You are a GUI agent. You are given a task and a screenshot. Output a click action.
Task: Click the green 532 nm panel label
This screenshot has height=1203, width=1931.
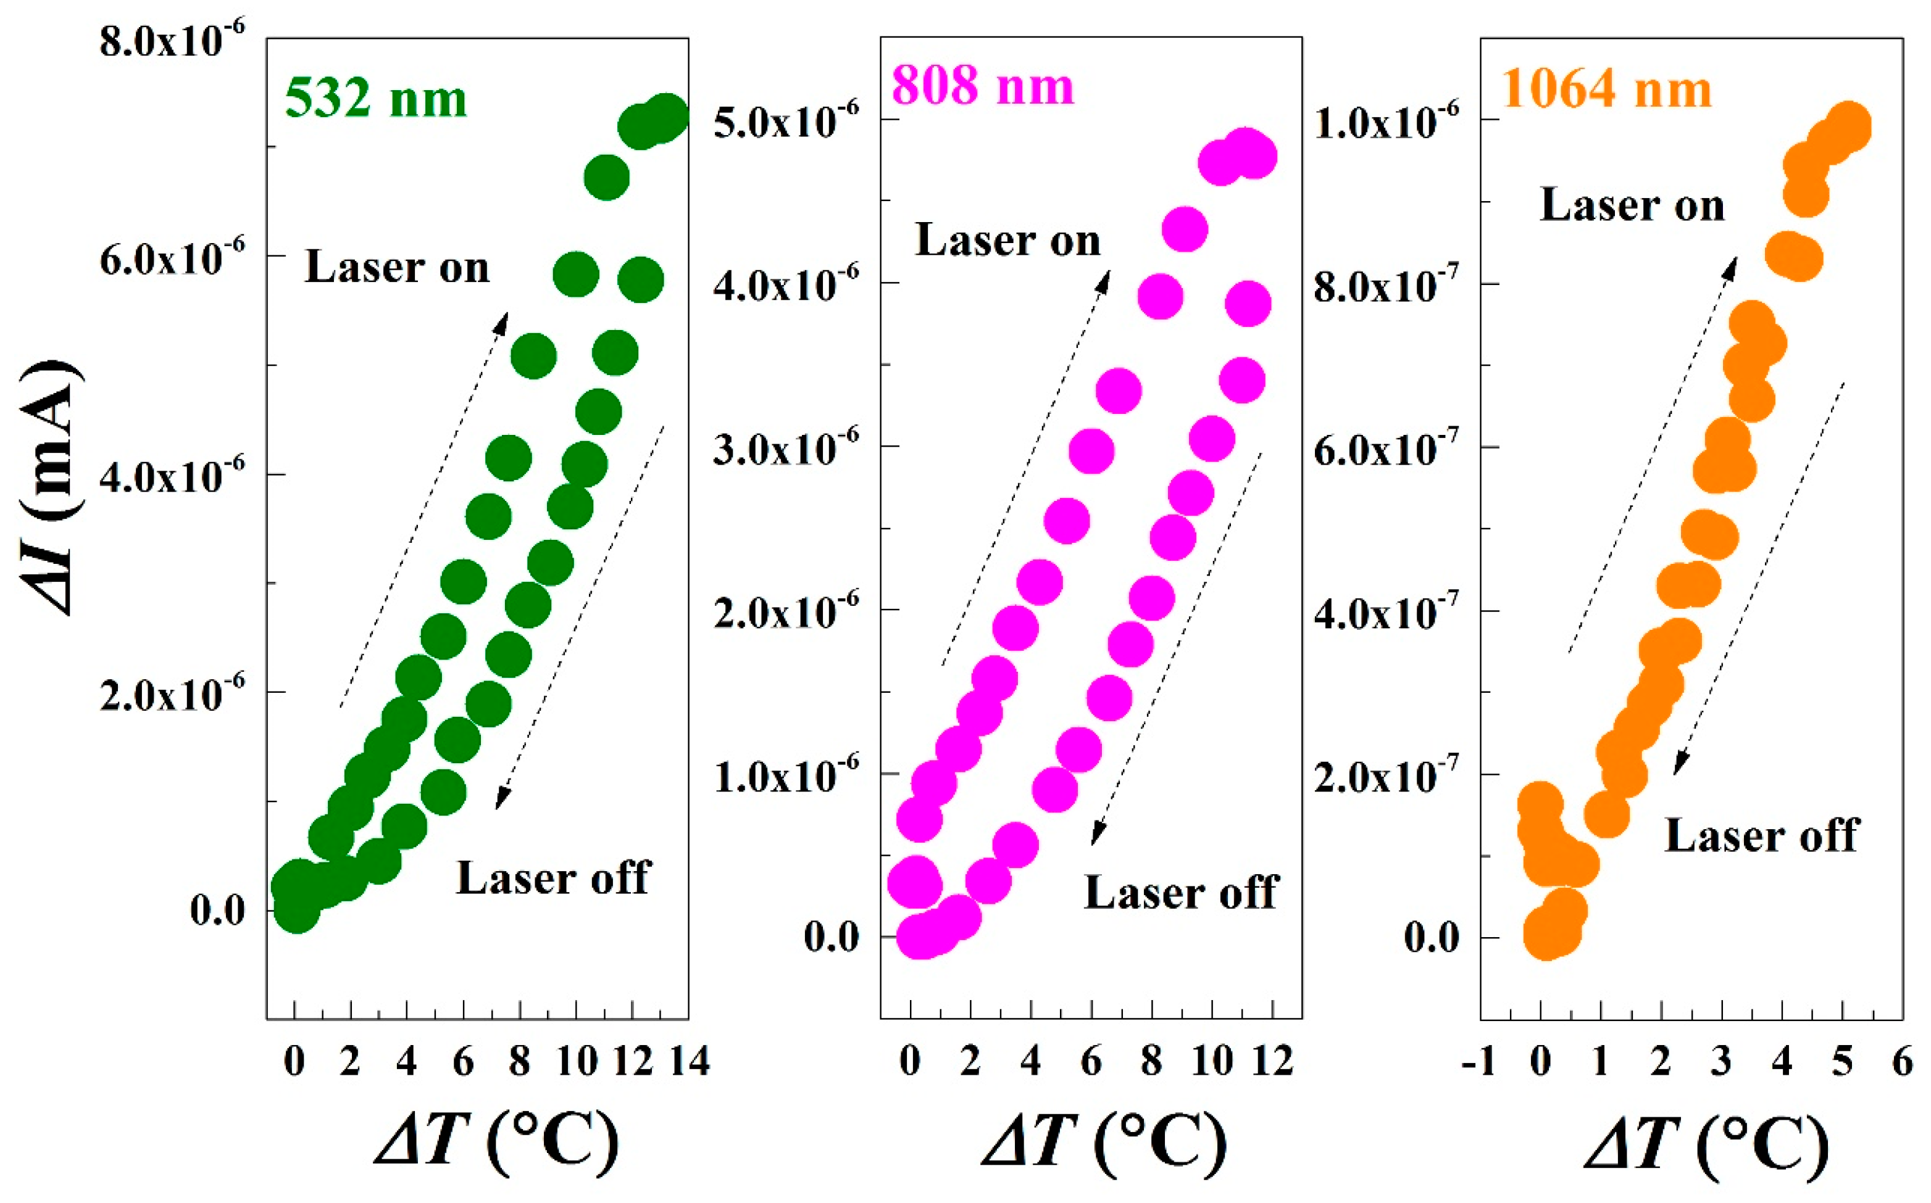coord(376,99)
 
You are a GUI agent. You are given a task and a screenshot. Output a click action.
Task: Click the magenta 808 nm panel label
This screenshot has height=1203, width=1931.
coord(982,86)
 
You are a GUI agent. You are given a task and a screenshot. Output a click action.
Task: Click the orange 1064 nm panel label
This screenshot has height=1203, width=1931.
coord(1606,89)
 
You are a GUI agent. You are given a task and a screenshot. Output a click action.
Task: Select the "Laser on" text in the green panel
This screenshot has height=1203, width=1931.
coord(396,267)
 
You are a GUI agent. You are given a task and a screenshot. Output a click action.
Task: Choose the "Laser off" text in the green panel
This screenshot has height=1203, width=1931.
coord(553,878)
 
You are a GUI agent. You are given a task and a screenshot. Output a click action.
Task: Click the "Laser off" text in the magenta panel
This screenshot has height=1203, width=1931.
coord(1181,893)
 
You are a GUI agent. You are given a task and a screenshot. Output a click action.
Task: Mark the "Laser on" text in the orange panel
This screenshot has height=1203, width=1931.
coord(1632,205)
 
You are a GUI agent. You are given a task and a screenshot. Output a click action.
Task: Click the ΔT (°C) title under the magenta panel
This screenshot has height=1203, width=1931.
coord(1104,1144)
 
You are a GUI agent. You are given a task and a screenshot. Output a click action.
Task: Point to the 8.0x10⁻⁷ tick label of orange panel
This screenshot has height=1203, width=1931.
coord(1387,286)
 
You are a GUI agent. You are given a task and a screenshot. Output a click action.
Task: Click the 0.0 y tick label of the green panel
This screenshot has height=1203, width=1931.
coord(217,909)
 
